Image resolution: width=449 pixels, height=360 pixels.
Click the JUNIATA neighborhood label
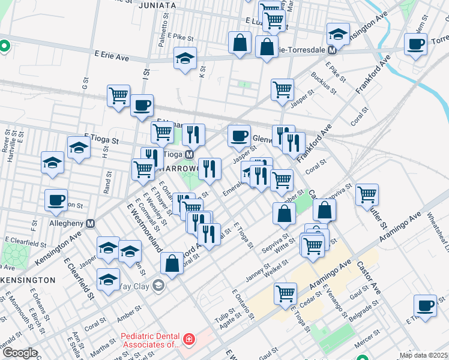pyautogui.click(x=157, y=5)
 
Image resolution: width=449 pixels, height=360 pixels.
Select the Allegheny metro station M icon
pyautogui.click(x=91, y=223)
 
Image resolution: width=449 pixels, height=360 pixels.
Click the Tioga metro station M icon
pyautogui.click(x=188, y=154)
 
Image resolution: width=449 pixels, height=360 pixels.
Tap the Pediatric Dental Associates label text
pyautogui.click(x=150, y=340)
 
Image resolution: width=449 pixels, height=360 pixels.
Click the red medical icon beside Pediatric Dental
pyautogui.click(x=189, y=340)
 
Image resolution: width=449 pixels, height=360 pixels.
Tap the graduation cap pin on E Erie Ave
pyautogui.click(x=185, y=59)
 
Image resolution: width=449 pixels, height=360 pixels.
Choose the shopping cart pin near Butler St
pyautogui.click(x=367, y=194)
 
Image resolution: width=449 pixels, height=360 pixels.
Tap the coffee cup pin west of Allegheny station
pyautogui.click(x=56, y=200)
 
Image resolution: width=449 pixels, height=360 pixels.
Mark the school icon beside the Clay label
pyautogui.click(x=158, y=286)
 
